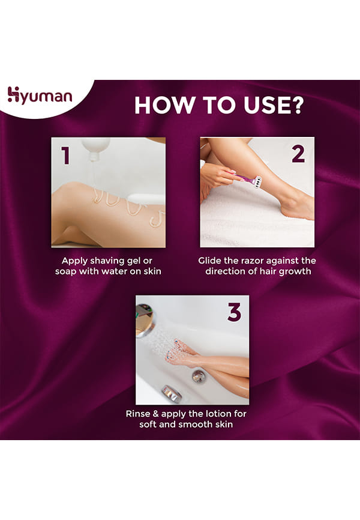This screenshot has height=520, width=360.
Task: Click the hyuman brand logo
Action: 40,95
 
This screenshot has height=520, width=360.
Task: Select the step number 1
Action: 65,156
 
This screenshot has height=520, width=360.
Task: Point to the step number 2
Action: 298,154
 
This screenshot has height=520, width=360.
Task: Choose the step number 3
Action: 235,312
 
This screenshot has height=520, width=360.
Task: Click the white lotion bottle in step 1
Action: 96,148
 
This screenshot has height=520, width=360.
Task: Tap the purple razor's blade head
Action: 257,181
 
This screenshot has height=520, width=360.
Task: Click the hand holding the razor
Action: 217,176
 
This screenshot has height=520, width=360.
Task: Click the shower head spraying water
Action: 145,319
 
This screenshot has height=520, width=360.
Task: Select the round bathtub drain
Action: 198,376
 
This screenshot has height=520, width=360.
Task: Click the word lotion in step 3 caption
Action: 218,414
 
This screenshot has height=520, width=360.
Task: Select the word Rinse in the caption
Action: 137,414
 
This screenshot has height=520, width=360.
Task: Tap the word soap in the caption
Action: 65,272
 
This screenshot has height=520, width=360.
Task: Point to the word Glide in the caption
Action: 210,261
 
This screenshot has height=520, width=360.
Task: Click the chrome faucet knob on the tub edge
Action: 172,393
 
